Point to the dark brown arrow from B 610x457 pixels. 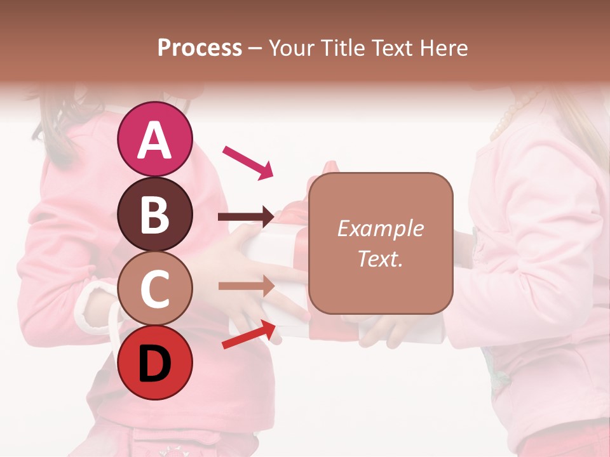click(x=247, y=218)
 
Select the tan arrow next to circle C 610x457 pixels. click(x=247, y=286)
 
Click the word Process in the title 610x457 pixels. click(x=200, y=48)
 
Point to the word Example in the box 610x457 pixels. click(x=380, y=228)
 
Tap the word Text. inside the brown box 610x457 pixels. click(x=380, y=258)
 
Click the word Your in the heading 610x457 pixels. click(x=290, y=48)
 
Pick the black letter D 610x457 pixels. click(x=154, y=364)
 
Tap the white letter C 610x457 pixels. click(x=154, y=289)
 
